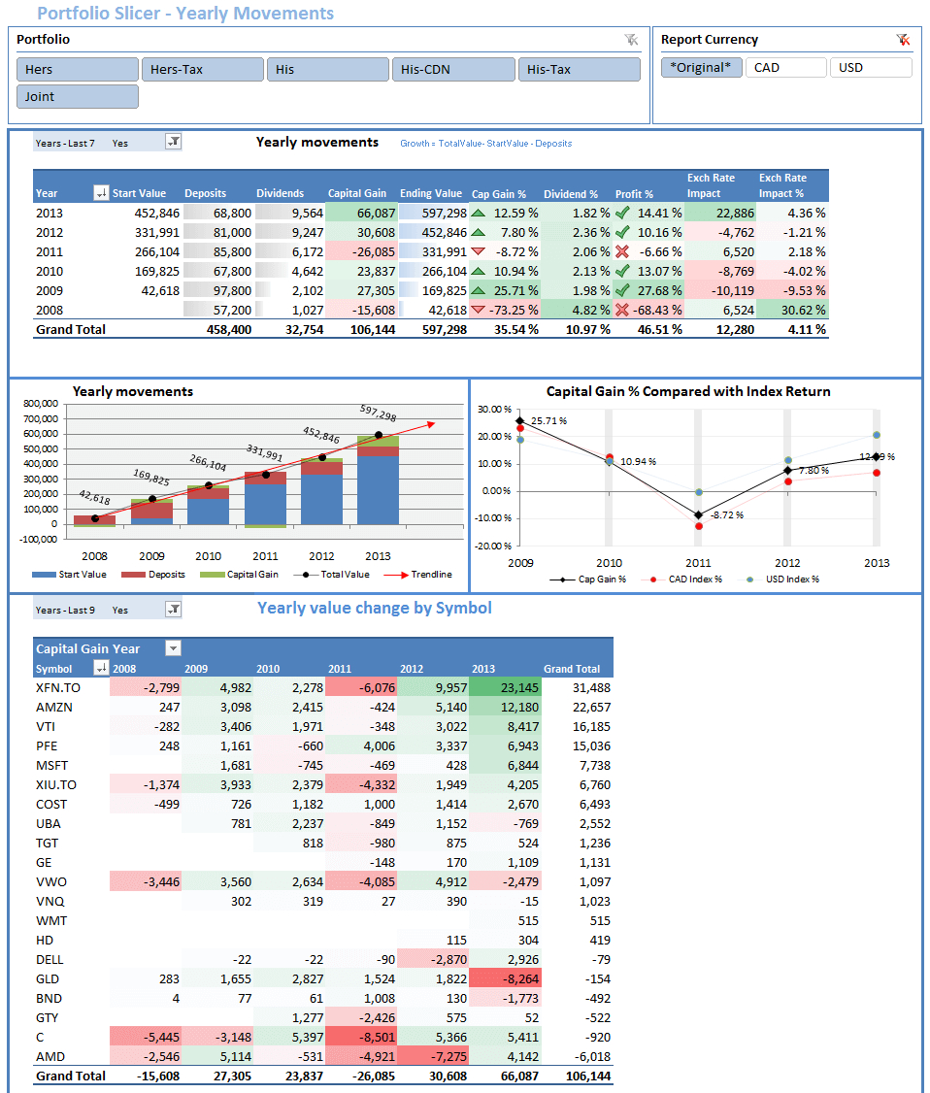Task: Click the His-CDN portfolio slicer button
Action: pos(453,69)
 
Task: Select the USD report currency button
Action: pos(870,67)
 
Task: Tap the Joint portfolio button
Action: pos(78,96)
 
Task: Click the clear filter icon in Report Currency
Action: pos(903,40)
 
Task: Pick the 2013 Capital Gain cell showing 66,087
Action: pos(361,213)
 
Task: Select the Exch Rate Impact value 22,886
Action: pos(720,213)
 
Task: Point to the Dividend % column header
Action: pos(571,193)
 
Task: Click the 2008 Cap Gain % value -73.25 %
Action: pos(505,310)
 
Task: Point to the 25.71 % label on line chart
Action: pos(548,421)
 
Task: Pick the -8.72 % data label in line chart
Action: pos(726,514)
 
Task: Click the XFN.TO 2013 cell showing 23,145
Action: pos(505,687)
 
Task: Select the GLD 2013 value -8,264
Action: pos(505,978)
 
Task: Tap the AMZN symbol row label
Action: pos(54,707)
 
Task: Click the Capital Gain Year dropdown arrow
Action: pos(173,648)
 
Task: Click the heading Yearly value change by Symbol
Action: pos(374,609)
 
